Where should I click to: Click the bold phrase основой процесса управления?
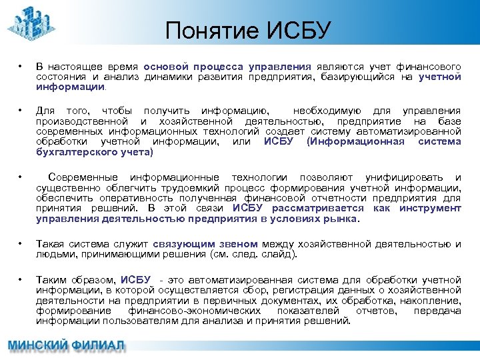228,67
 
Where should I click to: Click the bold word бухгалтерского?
71,152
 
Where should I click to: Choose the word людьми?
53,254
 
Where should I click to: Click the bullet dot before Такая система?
22,244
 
